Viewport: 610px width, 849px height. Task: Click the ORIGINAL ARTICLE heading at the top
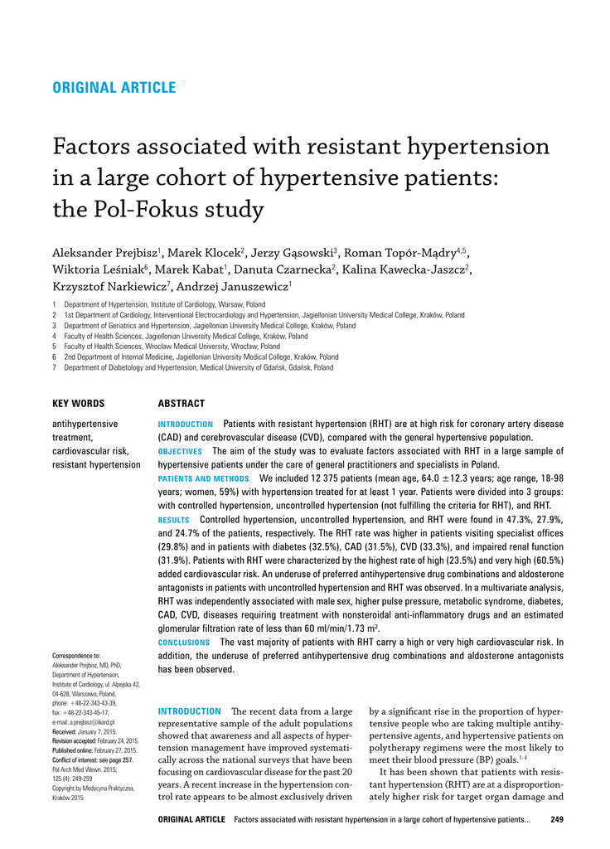coord(114,88)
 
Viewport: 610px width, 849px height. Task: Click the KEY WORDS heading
coord(79,404)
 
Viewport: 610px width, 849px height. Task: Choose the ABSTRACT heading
coord(182,404)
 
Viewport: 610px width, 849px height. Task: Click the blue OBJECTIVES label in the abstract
coord(180,452)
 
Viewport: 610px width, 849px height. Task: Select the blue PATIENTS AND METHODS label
coord(203,479)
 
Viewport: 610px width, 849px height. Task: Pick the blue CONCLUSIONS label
coord(184,643)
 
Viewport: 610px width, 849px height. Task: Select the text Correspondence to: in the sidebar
coord(75,655)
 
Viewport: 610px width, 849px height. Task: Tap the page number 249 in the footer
coord(557,820)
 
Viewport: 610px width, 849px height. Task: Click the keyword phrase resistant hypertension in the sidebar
coord(96,464)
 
